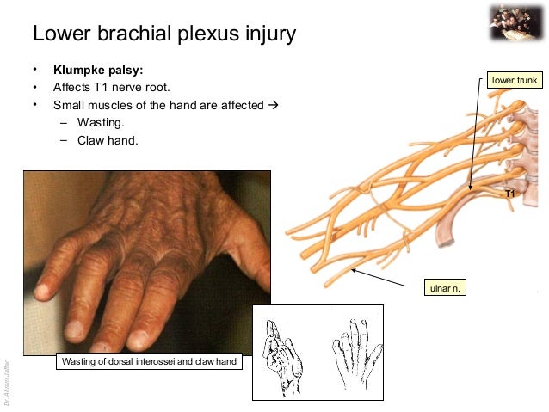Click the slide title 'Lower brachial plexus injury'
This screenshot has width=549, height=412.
click(x=163, y=34)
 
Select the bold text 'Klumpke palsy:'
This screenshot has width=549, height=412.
click(x=98, y=70)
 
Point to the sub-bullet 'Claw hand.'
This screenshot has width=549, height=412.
click(x=107, y=140)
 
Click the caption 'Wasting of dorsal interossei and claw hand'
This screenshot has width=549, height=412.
click(x=149, y=362)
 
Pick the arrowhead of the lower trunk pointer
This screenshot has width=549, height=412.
click(x=470, y=187)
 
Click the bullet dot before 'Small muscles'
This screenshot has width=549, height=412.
click(x=35, y=105)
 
